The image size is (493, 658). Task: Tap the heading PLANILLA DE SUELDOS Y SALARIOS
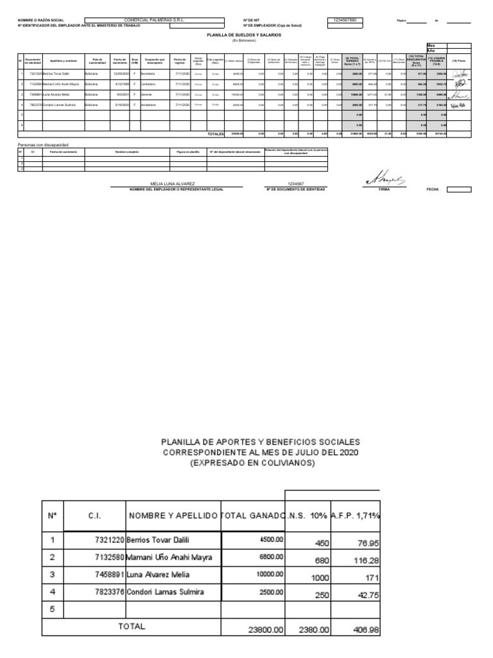click(243, 35)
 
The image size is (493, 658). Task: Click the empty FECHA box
click(459, 190)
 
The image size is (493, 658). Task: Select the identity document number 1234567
click(295, 184)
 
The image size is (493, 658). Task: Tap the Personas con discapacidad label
click(42, 145)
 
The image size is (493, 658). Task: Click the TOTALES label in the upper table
click(215, 134)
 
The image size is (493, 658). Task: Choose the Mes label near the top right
click(431, 45)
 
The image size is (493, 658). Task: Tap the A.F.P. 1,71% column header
click(355, 515)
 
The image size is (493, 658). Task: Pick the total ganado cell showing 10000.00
click(266, 574)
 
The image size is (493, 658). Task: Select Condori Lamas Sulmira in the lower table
click(169, 591)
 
